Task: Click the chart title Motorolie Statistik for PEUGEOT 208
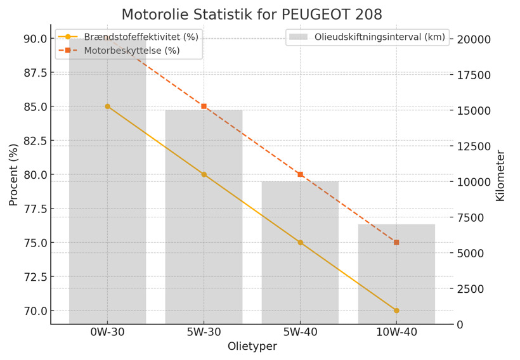261,14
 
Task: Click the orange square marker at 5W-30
204,106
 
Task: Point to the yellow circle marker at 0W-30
107,106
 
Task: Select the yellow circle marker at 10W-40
396,311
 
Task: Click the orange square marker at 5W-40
300,174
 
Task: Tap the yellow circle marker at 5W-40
300,243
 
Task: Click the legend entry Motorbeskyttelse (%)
127,51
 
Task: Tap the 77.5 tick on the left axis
33,209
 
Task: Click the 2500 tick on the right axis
472,289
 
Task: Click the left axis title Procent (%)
13,175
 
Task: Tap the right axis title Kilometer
500,176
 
